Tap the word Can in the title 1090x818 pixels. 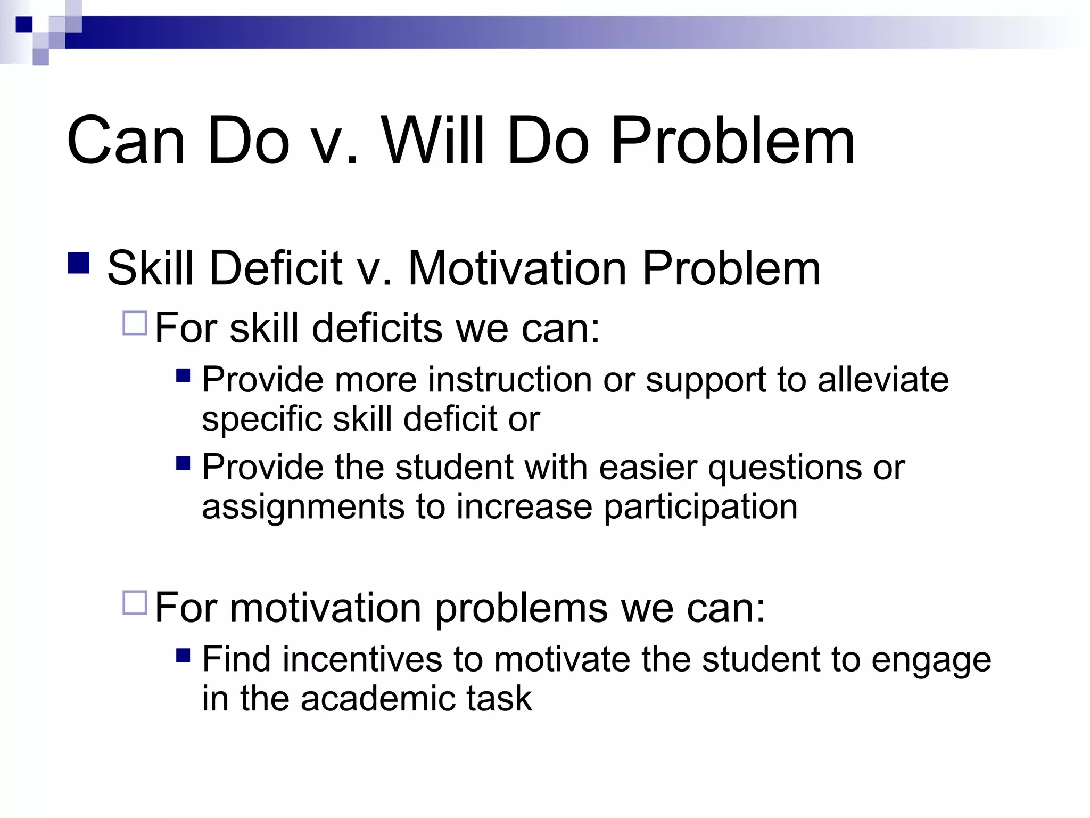coord(126,141)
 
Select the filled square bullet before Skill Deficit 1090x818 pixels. coord(79,263)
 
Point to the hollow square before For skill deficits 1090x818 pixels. coord(135,323)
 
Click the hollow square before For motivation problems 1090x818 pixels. coord(135,602)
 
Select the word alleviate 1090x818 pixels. coord(883,380)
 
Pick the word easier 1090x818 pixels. coord(648,467)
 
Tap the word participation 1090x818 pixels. coord(700,507)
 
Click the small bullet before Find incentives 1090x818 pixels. coord(183,655)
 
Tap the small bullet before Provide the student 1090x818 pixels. coord(183,463)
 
